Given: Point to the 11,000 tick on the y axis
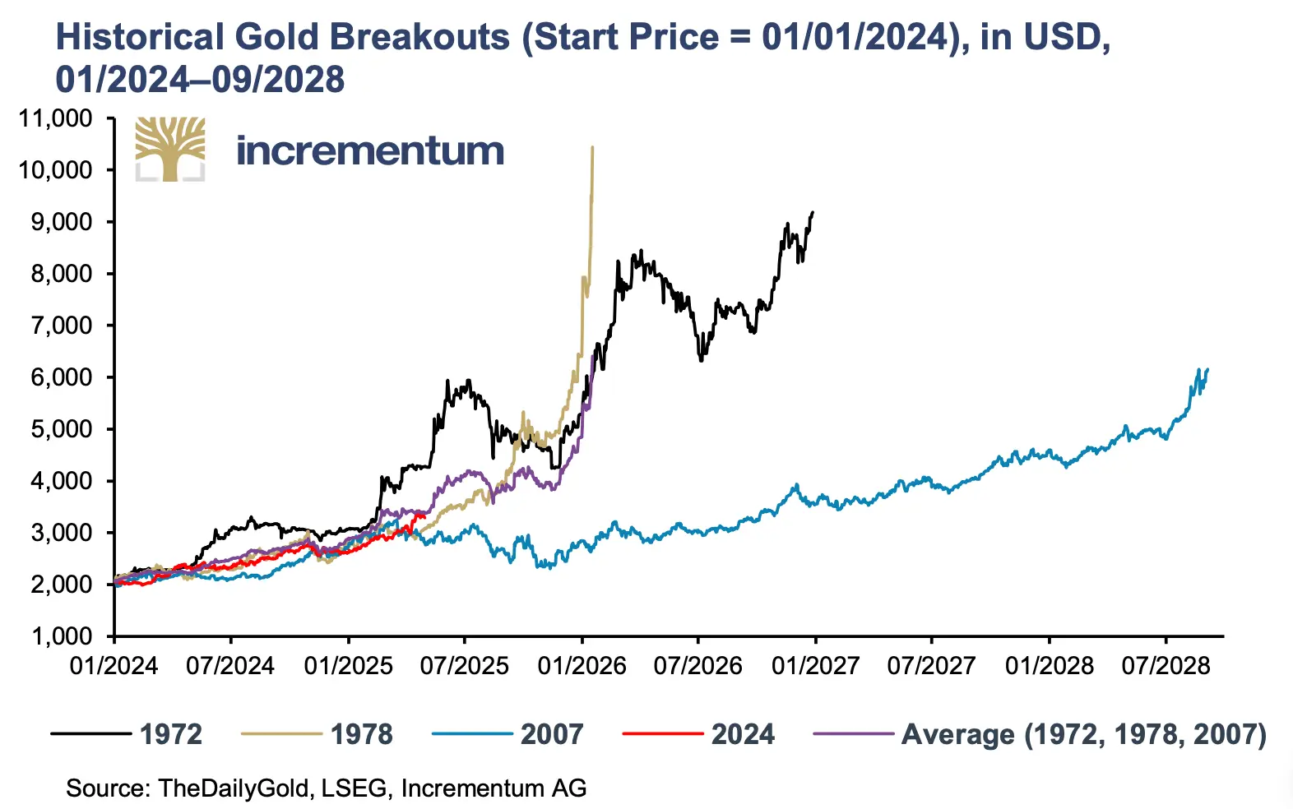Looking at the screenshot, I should [56, 118].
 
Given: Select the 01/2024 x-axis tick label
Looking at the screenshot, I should [114, 665].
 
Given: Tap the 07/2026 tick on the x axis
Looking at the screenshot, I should [697, 665].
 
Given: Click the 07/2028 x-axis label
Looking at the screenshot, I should [1166, 665].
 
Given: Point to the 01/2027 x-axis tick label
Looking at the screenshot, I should [815, 665].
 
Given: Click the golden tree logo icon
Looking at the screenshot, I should [170, 149].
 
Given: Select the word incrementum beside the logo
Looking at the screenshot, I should [370, 151].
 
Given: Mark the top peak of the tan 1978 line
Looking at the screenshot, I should [592, 148].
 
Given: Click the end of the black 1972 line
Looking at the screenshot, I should [813, 212].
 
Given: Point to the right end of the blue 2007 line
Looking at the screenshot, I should [1207, 370].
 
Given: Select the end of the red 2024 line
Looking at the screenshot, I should [424, 515].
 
